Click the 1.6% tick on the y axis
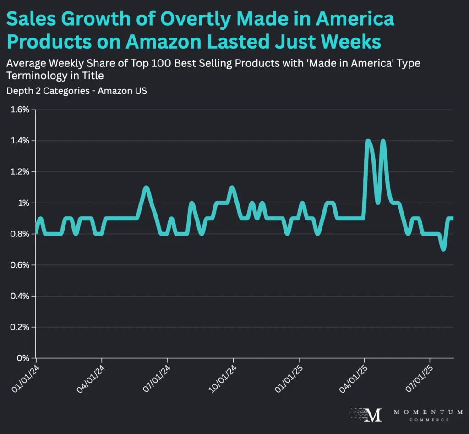click(x=20, y=110)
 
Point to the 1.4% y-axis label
click(x=20, y=141)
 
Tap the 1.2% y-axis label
click(x=20, y=172)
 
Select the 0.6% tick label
click(x=20, y=265)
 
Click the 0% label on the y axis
click(x=24, y=358)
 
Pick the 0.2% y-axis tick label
click(x=20, y=327)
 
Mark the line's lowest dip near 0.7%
click(x=443, y=248)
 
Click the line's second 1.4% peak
click(x=383, y=142)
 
